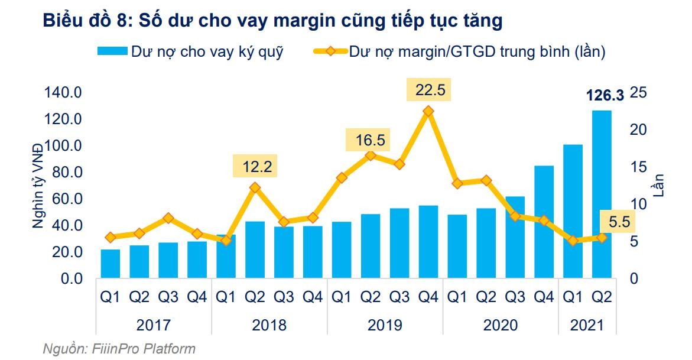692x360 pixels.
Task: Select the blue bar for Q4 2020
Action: click(544, 222)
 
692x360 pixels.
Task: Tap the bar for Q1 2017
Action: click(110, 264)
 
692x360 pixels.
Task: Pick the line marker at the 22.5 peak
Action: click(428, 111)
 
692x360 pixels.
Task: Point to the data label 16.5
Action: click(371, 140)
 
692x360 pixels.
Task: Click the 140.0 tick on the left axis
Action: click(62, 93)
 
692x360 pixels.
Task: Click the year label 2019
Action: click(385, 325)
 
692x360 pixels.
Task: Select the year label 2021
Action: click(587, 325)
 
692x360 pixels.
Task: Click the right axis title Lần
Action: click(658, 185)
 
